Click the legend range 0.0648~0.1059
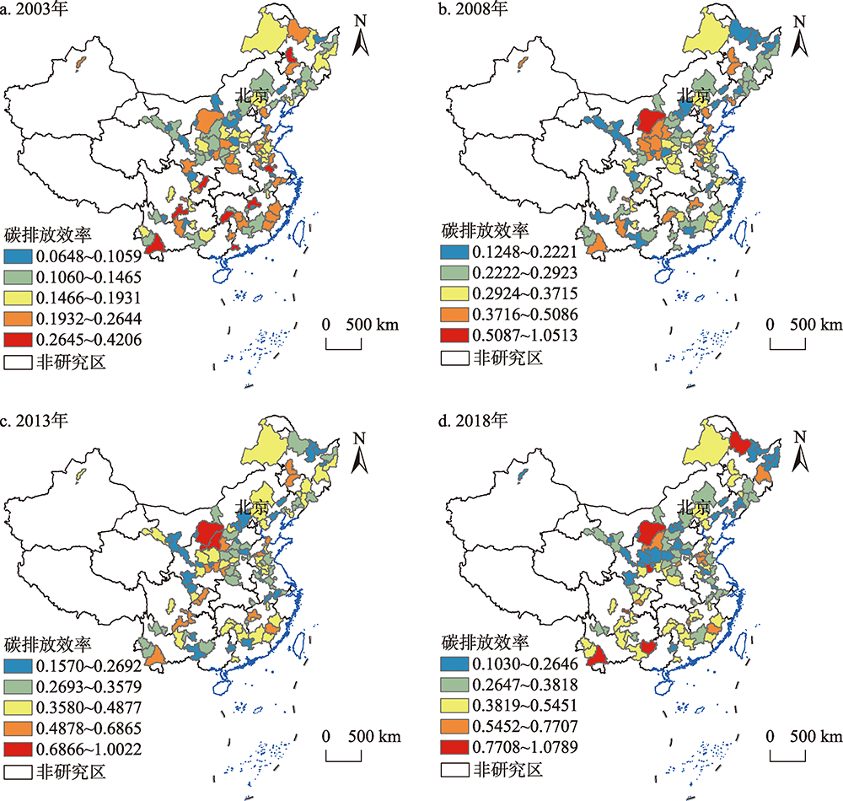click(83, 256)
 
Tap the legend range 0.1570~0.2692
click(83, 666)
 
